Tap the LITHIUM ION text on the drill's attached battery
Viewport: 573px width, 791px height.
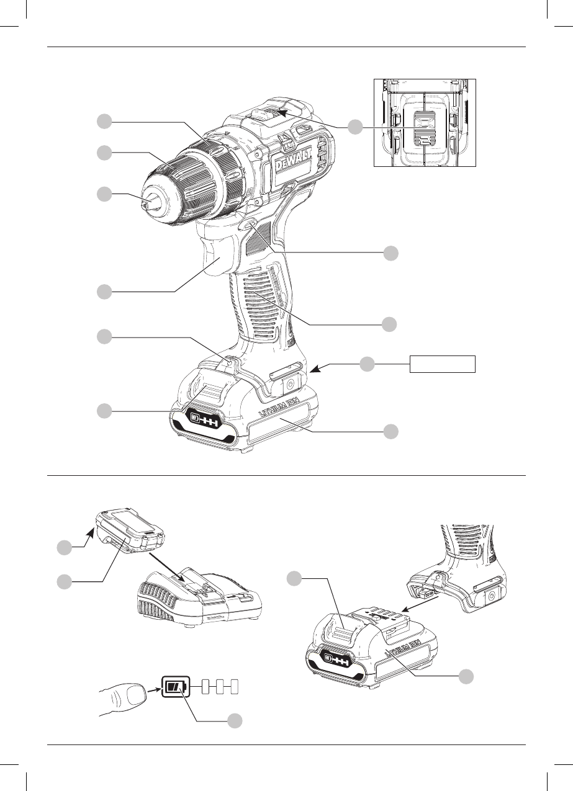pyautogui.click(x=279, y=406)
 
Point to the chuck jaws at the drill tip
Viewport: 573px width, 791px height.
pyautogui.click(x=151, y=203)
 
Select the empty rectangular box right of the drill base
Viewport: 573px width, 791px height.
pyautogui.click(x=442, y=364)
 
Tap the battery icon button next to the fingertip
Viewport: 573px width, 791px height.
pyautogui.click(x=176, y=687)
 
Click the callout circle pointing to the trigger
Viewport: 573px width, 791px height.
pyautogui.click(x=104, y=292)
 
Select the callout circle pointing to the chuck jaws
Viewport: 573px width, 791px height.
pyautogui.click(x=104, y=194)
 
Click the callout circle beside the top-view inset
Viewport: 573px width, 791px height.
pyautogui.click(x=355, y=127)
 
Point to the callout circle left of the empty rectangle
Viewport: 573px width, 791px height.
pyautogui.click(x=367, y=364)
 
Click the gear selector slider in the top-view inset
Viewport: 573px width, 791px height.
pyautogui.click(x=423, y=128)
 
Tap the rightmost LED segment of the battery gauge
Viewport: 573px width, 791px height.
pyautogui.click(x=234, y=687)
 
